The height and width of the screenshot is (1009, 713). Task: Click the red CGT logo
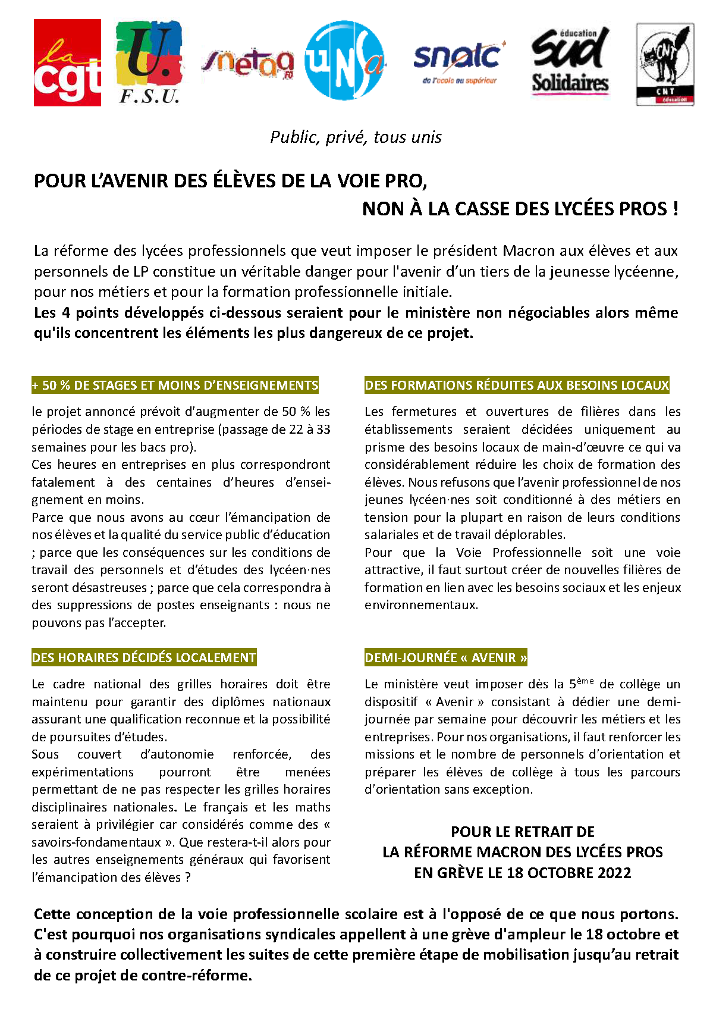pyautogui.click(x=67, y=62)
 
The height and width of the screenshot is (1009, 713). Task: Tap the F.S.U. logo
pyautogui.click(x=149, y=62)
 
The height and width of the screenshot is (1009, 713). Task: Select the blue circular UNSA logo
pyautogui.click(x=344, y=61)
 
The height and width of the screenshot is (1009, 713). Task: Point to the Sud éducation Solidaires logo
pyautogui.click(x=570, y=61)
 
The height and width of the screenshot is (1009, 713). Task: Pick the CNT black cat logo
pyautogui.click(x=665, y=64)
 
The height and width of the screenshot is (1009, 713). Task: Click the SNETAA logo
pyautogui.click(x=248, y=62)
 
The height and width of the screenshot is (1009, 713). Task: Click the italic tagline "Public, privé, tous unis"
pyautogui.click(x=356, y=137)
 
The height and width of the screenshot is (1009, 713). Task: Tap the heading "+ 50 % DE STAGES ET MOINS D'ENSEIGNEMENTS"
pyautogui.click(x=175, y=386)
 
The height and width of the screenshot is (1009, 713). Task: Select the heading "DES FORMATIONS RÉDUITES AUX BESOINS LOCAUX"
pyautogui.click(x=517, y=386)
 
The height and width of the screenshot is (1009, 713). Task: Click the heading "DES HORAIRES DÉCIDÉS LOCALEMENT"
pyautogui.click(x=144, y=658)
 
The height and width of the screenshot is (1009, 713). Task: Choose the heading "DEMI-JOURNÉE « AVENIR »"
pyautogui.click(x=446, y=658)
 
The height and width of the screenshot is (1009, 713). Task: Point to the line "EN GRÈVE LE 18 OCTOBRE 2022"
pyautogui.click(x=523, y=873)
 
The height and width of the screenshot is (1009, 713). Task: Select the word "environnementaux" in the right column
pyautogui.click(x=421, y=606)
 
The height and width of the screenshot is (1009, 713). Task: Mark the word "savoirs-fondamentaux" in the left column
pyautogui.click(x=96, y=842)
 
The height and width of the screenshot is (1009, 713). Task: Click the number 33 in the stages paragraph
pyautogui.click(x=323, y=430)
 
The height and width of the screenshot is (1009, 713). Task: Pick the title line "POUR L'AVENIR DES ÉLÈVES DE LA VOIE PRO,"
pyautogui.click(x=231, y=181)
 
